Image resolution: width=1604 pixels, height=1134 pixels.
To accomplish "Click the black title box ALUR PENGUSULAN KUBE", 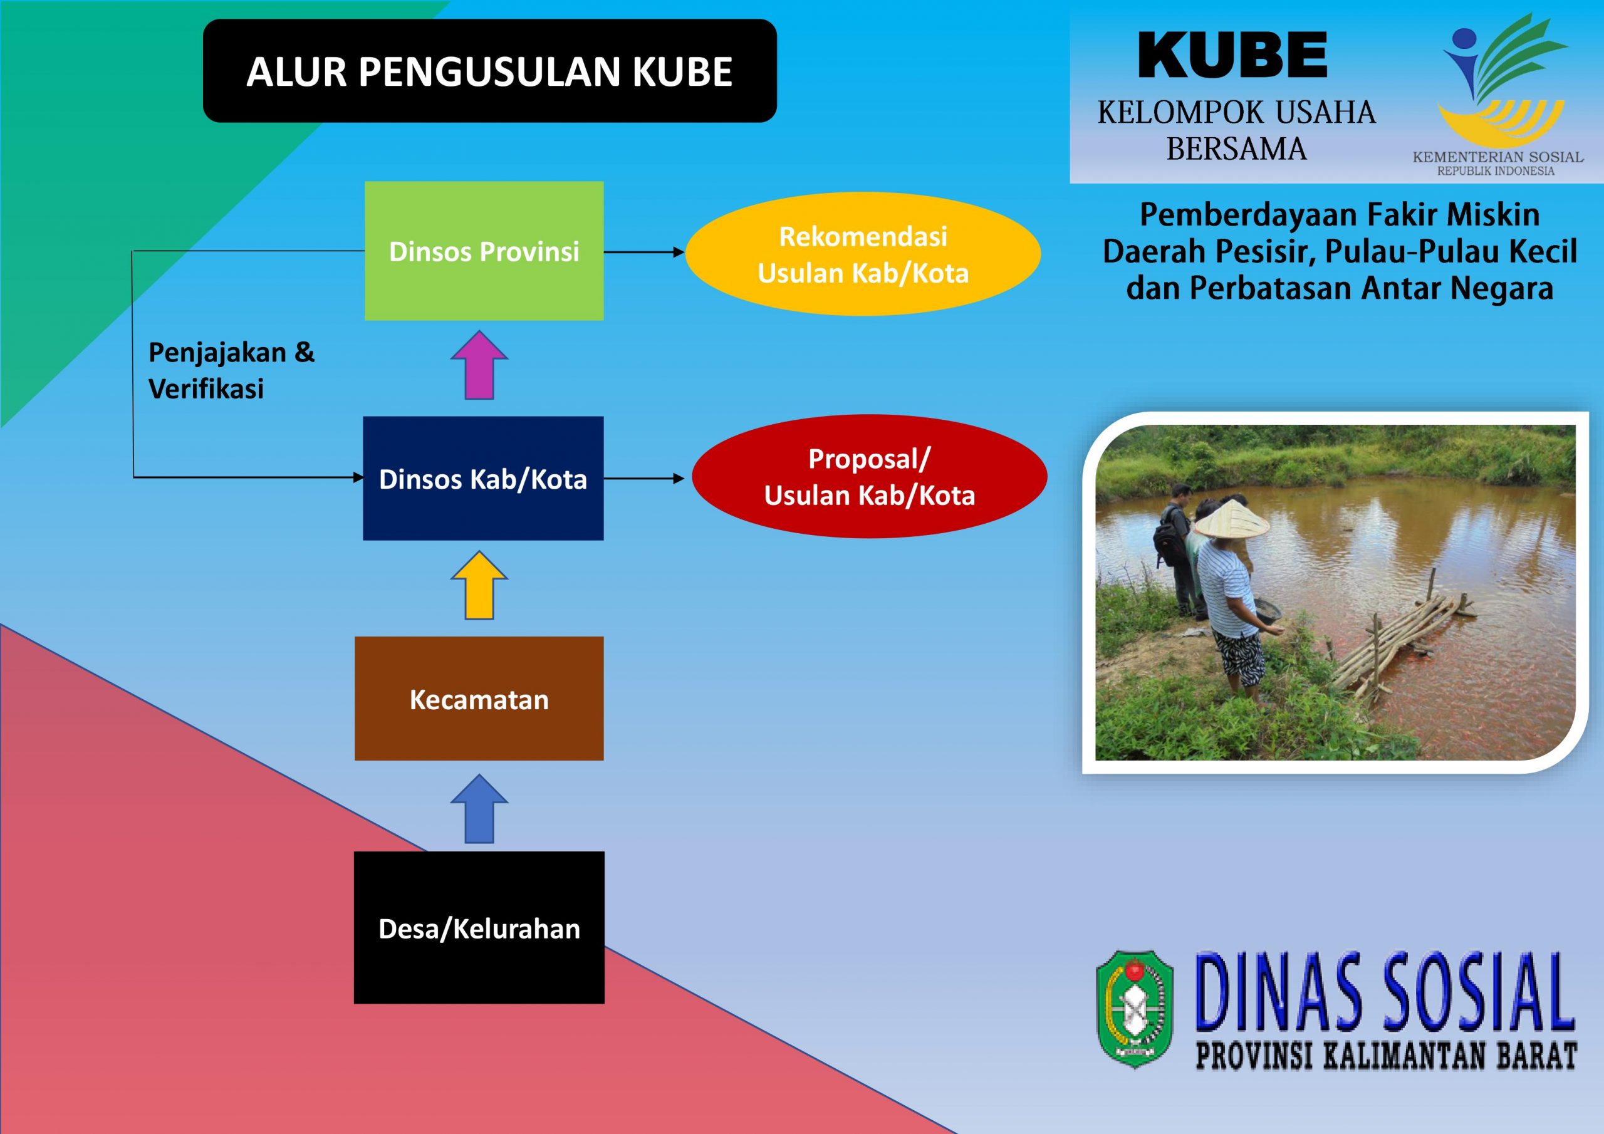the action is [490, 71].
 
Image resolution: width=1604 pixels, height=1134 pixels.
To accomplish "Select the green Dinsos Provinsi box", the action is [484, 251].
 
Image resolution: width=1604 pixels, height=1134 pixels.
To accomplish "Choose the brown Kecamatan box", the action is [479, 698].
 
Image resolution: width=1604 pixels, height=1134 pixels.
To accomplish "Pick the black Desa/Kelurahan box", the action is [479, 927].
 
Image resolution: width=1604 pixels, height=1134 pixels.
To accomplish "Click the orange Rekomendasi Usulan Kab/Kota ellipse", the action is [863, 254].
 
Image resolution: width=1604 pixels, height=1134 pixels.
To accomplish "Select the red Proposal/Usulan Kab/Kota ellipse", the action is [870, 477].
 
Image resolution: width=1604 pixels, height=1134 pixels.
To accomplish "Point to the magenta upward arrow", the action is [479, 365].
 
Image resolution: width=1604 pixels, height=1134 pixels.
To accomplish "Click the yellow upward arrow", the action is [479, 585].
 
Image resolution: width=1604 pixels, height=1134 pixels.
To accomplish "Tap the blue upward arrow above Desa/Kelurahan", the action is [479, 808].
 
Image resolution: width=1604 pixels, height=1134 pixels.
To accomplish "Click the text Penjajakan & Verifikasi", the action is [231, 370].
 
